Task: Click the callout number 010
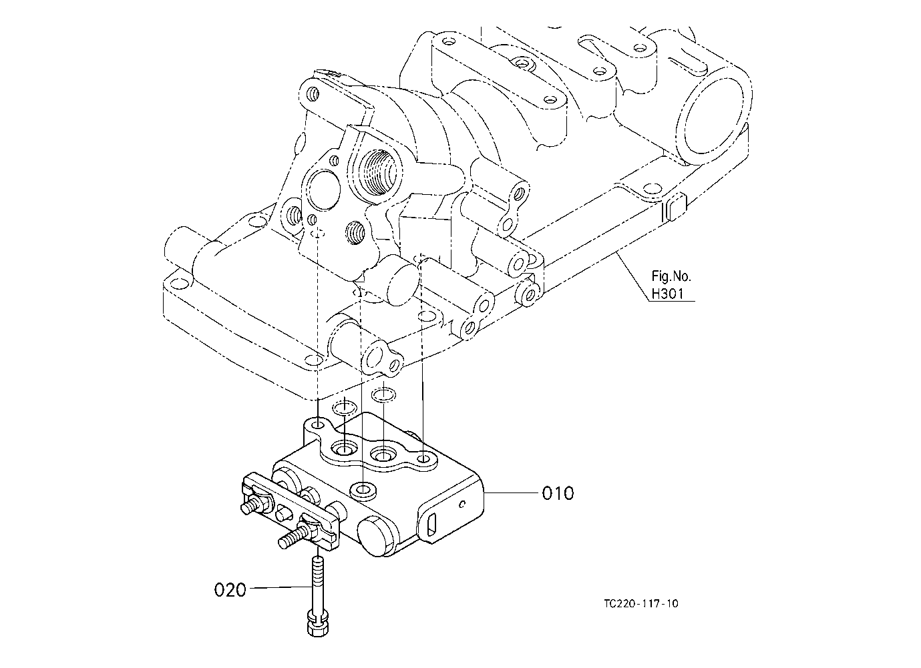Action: point(558,493)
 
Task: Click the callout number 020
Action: point(230,591)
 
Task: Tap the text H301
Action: point(668,294)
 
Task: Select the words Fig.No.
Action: point(671,276)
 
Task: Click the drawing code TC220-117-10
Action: point(640,603)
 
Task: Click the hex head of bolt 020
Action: point(318,627)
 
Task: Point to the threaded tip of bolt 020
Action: point(318,561)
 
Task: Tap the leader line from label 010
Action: point(511,492)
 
